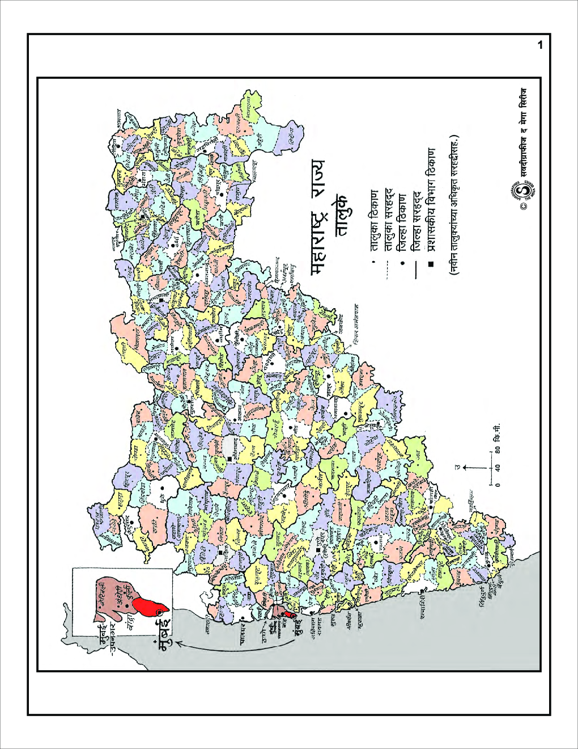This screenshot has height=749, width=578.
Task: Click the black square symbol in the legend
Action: [432, 264]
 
